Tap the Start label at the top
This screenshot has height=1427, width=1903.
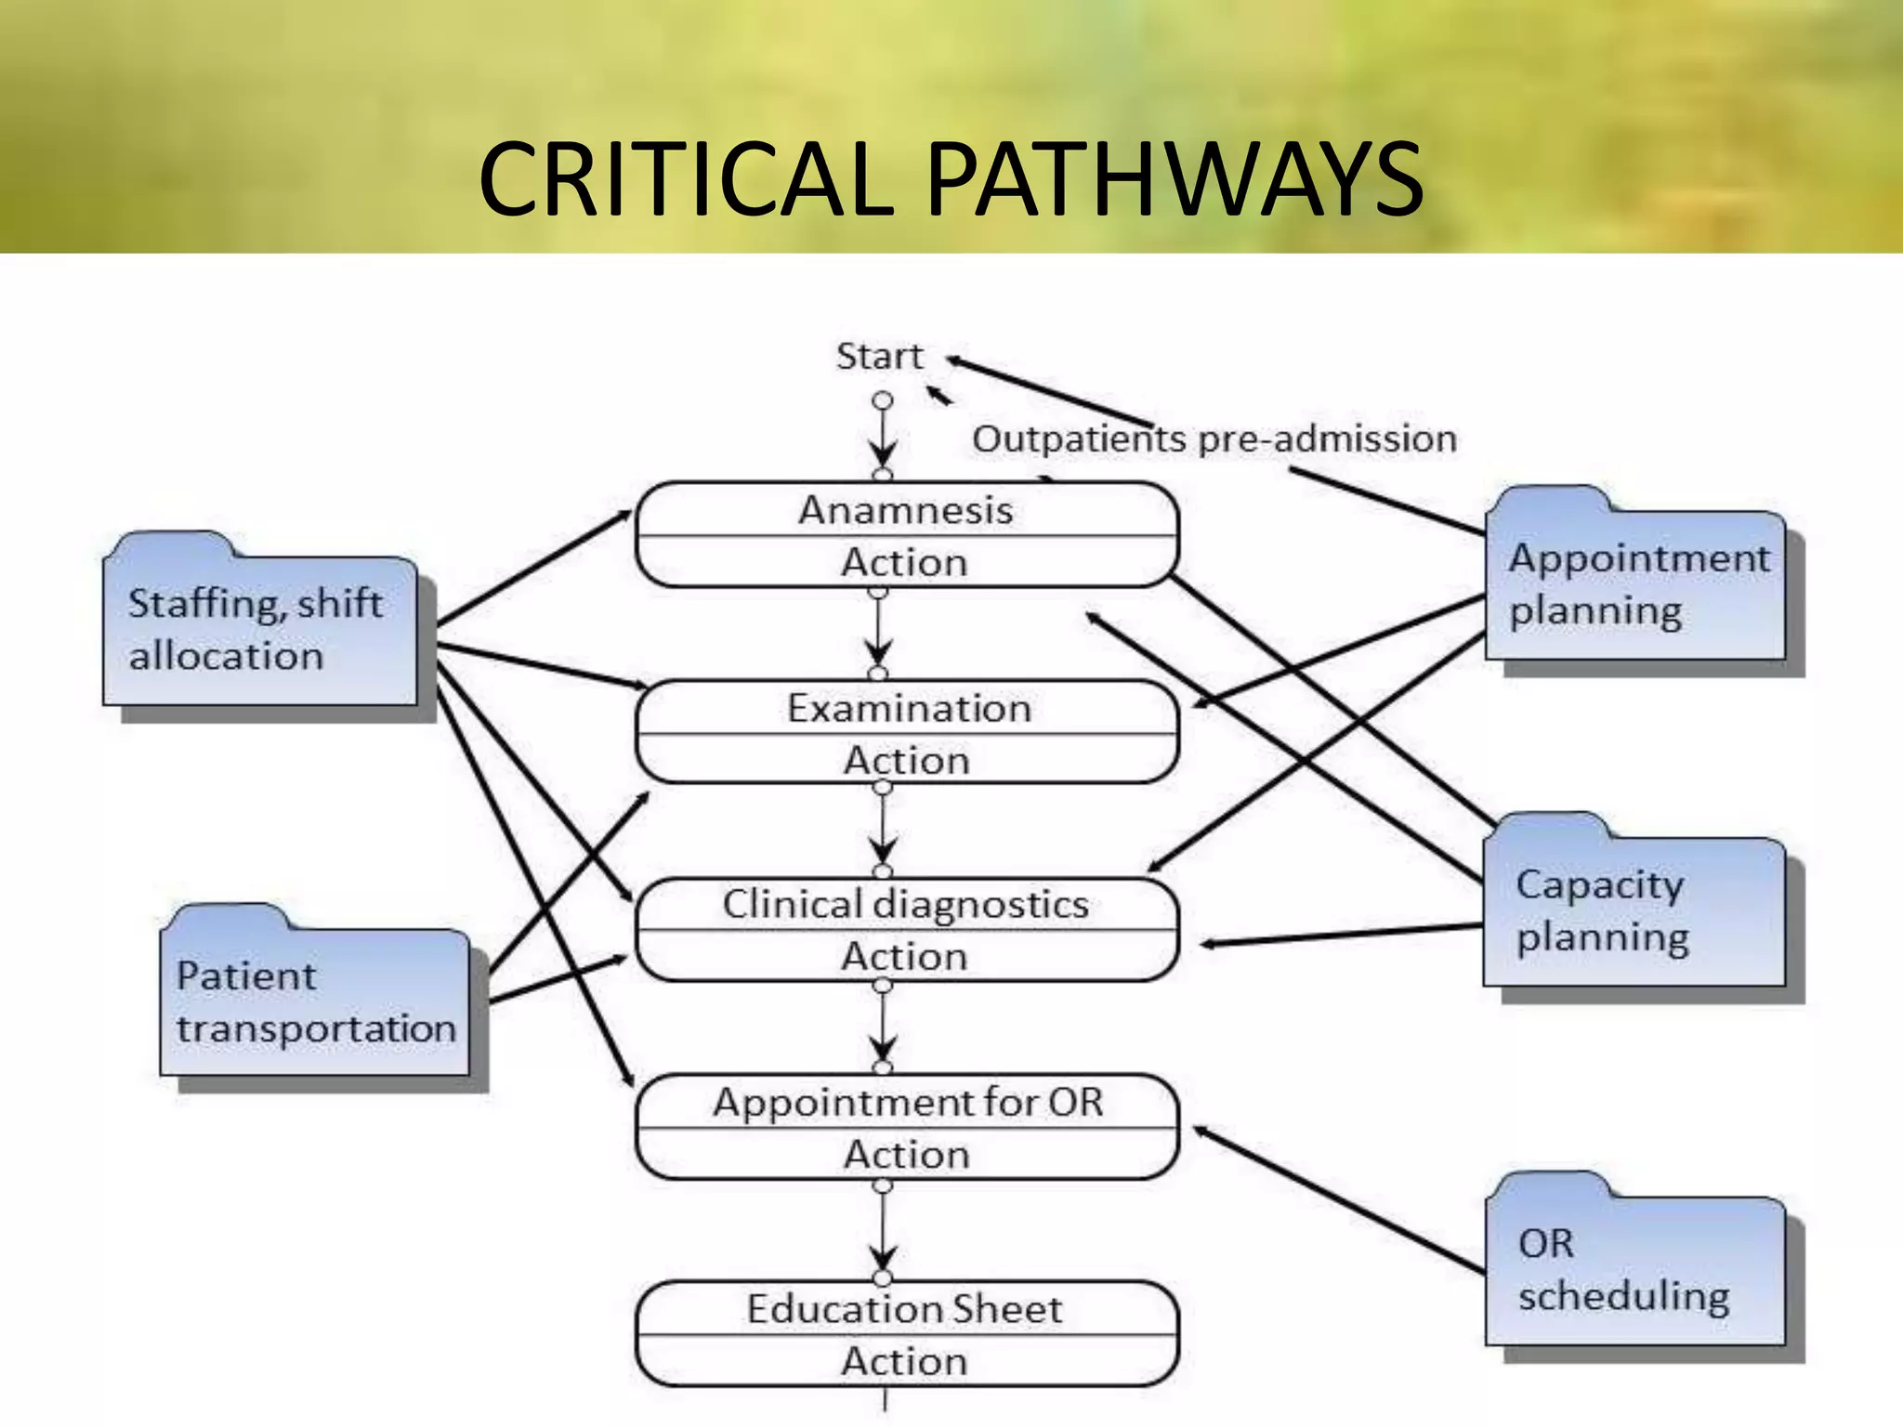tap(879, 357)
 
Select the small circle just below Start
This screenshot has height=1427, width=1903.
tap(883, 400)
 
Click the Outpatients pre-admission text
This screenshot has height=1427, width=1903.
tap(1214, 439)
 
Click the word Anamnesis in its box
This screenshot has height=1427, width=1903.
tap(906, 510)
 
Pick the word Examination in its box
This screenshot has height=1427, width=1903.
tap(909, 708)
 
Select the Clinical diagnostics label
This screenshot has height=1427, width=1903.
tap(906, 904)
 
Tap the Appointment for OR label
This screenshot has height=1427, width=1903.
tap(908, 1103)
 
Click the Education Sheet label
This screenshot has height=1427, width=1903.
tap(904, 1309)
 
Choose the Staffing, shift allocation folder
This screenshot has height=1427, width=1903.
tap(259, 629)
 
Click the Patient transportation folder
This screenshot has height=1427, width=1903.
tap(315, 1002)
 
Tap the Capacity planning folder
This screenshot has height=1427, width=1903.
tap(1634, 910)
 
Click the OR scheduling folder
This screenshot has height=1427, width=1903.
tap(1634, 1269)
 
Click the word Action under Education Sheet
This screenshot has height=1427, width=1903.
tap(904, 1361)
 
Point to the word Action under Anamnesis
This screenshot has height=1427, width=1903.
tap(904, 562)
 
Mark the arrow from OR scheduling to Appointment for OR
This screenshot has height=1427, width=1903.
tap(1338, 1198)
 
